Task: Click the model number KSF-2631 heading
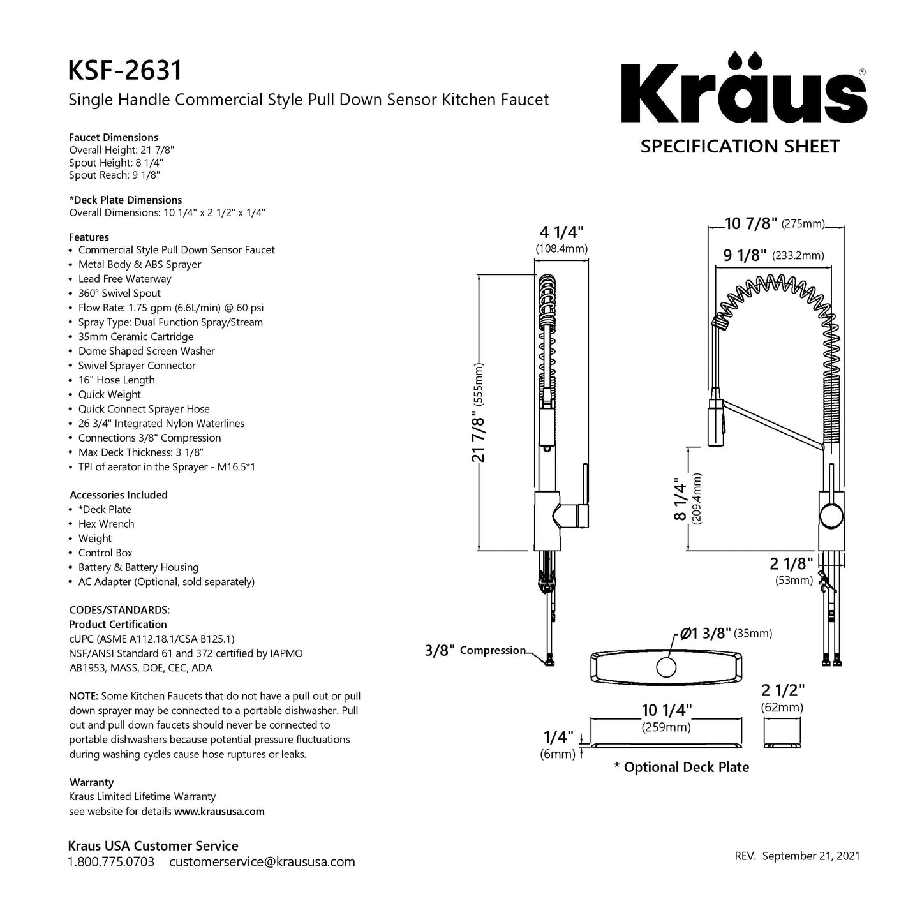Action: (125, 70)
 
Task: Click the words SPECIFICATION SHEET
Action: (740, 146)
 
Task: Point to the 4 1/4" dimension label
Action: (561, 231)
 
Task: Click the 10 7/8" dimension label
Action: (751, 223)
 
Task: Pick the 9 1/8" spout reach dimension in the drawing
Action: (744, 255)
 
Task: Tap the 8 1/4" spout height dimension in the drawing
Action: (681, 501)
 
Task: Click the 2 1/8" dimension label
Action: (791, 563)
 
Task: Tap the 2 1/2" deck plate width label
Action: (782, 690)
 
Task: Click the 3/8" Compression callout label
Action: (475, 650)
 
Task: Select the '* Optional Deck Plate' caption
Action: (681, 767)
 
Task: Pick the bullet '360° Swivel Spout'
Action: (119, 294)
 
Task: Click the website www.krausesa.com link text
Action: (219, 812)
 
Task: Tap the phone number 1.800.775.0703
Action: (111, 862)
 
